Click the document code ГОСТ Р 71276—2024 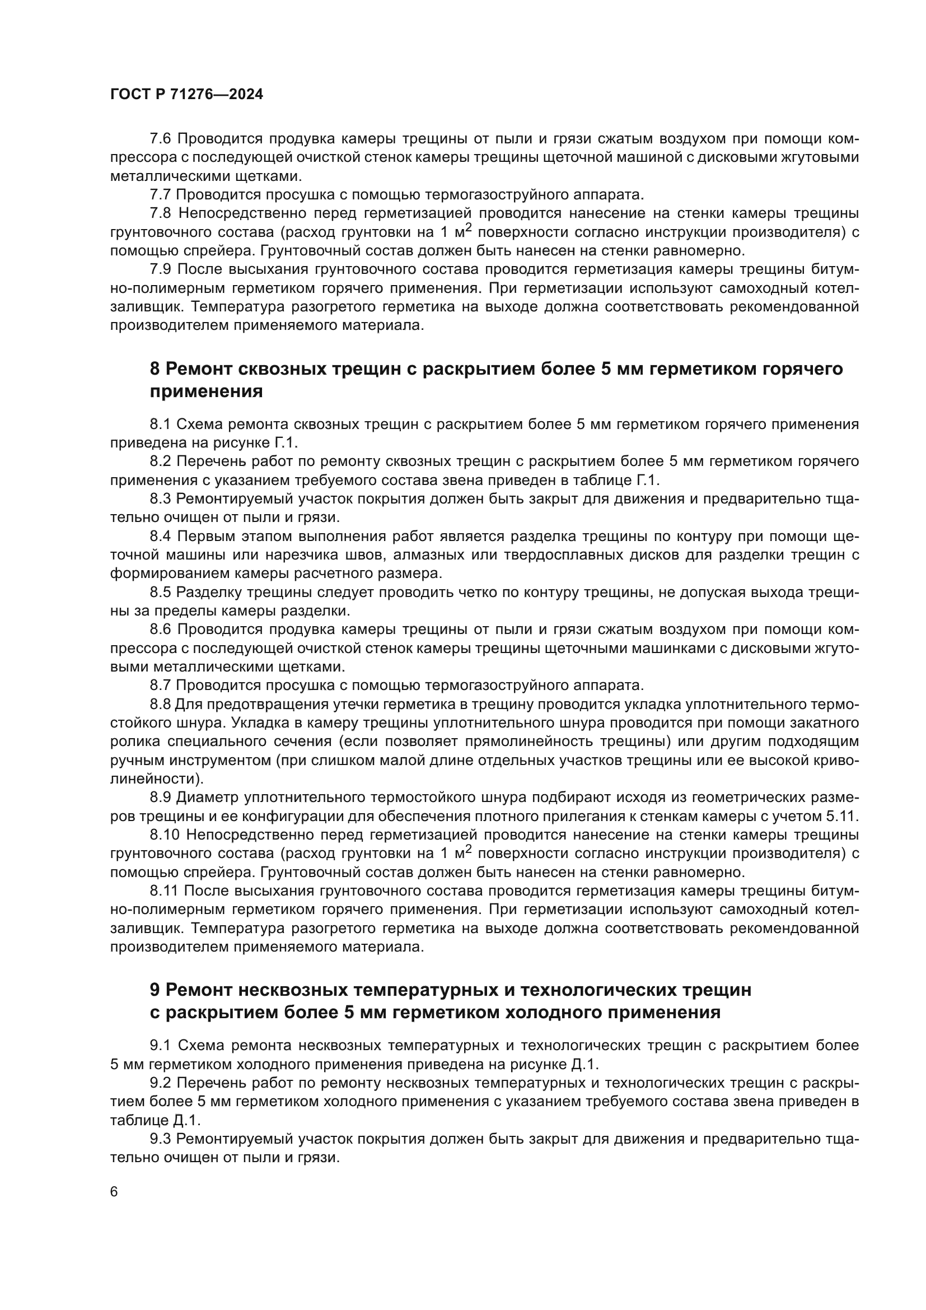point(186,95)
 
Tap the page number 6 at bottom point(114,1192)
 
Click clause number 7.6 point(160,139)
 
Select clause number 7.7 point(160,194)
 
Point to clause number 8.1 point(160,424)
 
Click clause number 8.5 point(160,592)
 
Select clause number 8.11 point(164,891)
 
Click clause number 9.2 point(160,1083)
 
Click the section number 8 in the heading point(155,369)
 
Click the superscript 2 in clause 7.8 point(469,228)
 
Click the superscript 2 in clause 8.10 point(469,850)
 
